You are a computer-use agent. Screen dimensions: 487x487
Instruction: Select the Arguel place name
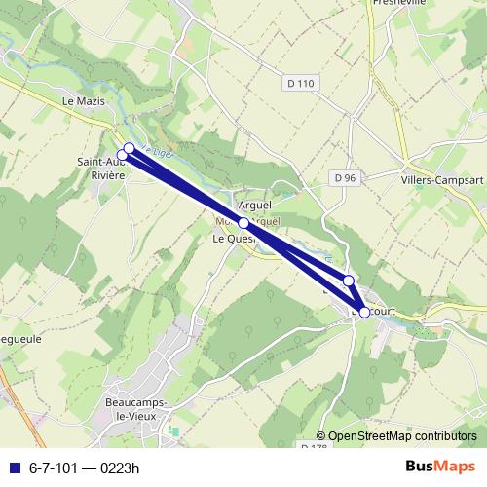(x=254, y=206)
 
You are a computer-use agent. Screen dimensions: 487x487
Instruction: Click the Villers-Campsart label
(x=436, y=180)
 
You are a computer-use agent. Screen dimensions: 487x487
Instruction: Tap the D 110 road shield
(x=302, y=84)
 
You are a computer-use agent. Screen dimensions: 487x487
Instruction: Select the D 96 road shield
(x=344, y=178)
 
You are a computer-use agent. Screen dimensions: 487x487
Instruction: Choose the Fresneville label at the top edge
(x=398, y=4)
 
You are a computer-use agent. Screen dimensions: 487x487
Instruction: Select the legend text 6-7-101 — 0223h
(x=85, y=468)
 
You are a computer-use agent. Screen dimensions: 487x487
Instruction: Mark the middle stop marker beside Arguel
(x=243, y=223)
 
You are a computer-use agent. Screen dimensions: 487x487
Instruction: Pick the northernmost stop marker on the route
(x=129, y=149)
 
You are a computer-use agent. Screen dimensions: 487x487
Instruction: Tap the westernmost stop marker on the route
(x=123, y=155)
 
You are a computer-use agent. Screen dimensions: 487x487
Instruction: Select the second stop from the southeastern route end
(x=349, y=281)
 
